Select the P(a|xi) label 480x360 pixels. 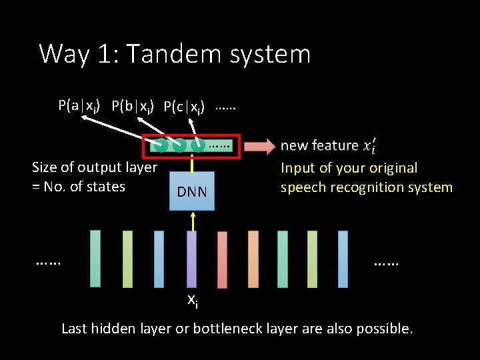pyautogui.click(x=79, y=105)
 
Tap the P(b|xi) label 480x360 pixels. pyautogui.click(x=133, y=106)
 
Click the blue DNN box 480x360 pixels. pyautogui.click(x=192, y=191)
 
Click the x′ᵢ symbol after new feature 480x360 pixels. pyautogui.click(x=371, y=146)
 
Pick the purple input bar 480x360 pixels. pyautogui.click(x=192, y=259)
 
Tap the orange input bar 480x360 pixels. pyautogui.click(x=253, y=259)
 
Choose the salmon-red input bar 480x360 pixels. pyautogui.click(x=222, y=259)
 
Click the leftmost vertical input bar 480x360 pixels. pyautogui.click(x=95, y=259)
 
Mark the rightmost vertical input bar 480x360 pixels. pyautogui.click(x=343, y=259)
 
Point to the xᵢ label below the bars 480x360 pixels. pyautogui.click(x=191, y=301)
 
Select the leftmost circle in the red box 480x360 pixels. pyautogui.click(x=161, y=144)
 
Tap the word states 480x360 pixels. pyautogui.click(x=106, y=187)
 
